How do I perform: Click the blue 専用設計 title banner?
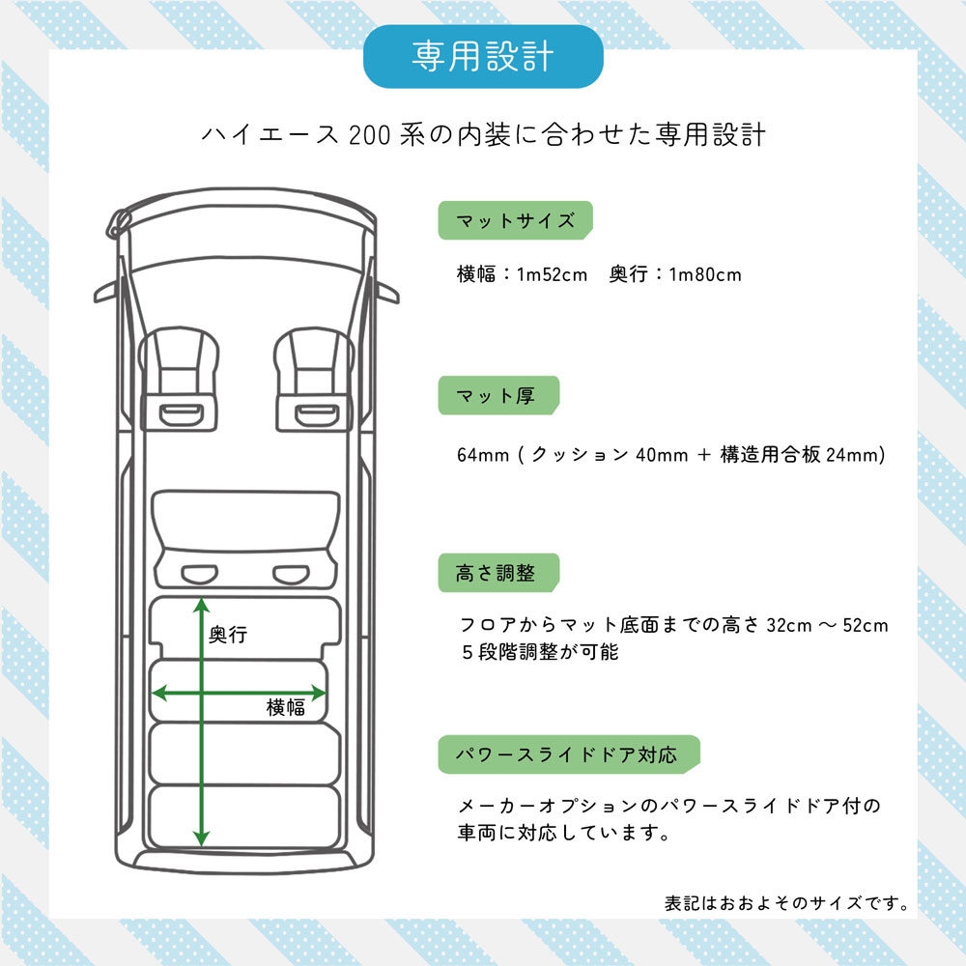coord(483,57)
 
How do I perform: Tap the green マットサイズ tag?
coord(515,220)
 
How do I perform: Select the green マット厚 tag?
coord(498,395)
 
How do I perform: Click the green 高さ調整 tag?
coord(498,572)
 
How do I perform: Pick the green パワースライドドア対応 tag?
coord(569,754)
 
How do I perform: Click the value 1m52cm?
coord(552,274)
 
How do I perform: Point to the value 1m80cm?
coord(705,274)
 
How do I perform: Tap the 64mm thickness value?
coord(483,455)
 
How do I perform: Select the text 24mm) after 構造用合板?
coord(856,455)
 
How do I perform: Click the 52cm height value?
coord(866,625)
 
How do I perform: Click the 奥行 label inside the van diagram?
coord(228,634)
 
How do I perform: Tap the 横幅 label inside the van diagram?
coord(285,707)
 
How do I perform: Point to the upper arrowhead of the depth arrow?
coord(202,605)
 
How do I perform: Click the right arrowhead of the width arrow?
coord(319,693)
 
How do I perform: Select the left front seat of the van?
coord(179,379)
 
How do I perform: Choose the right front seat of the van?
coord(314,379)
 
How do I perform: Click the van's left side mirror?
coord(106,292)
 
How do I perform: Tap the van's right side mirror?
coord(387,292)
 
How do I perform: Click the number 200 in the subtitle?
coord(370,135)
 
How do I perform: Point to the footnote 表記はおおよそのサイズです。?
coord(786,903)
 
